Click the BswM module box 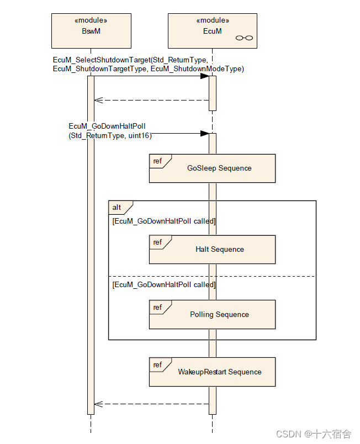(91, 31)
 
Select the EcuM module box (212, 31)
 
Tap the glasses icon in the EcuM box (244, 38)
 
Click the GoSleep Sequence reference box (212, 168)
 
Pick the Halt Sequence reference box (212, 250)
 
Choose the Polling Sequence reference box (212, 315)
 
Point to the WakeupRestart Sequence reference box (212, 372)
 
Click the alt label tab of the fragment (118, 208)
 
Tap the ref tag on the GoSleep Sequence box (158, 161)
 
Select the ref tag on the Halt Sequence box (158, 242)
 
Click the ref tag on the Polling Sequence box (158, 307)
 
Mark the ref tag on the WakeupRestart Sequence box (158, 365)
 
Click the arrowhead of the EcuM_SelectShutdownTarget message (204, 76)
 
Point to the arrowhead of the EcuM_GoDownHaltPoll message (204, 133)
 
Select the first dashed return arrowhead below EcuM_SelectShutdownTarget (98, 101)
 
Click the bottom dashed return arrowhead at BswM (98, 404)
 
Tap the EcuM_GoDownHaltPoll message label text (108, 130)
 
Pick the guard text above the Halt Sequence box (163, 221)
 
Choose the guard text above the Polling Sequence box (163, 285)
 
